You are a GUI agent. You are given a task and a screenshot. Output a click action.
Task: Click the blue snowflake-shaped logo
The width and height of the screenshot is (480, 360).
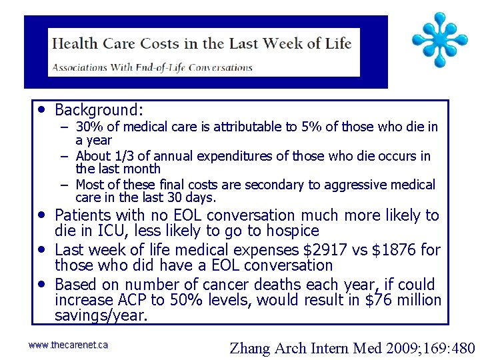click(x=438, y=40)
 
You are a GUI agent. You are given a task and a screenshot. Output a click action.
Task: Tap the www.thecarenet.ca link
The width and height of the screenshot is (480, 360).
click(x=68, y=345)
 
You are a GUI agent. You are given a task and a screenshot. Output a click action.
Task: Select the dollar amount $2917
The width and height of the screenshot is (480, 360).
click(x=322, y=249)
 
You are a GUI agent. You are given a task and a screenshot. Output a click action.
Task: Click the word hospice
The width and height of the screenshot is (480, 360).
click(x=291, y=231)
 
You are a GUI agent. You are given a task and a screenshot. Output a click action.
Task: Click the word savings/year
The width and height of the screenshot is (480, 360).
click(x=101, y=315)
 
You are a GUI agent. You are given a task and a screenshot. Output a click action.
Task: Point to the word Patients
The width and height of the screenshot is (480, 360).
click(x=83, y=215)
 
